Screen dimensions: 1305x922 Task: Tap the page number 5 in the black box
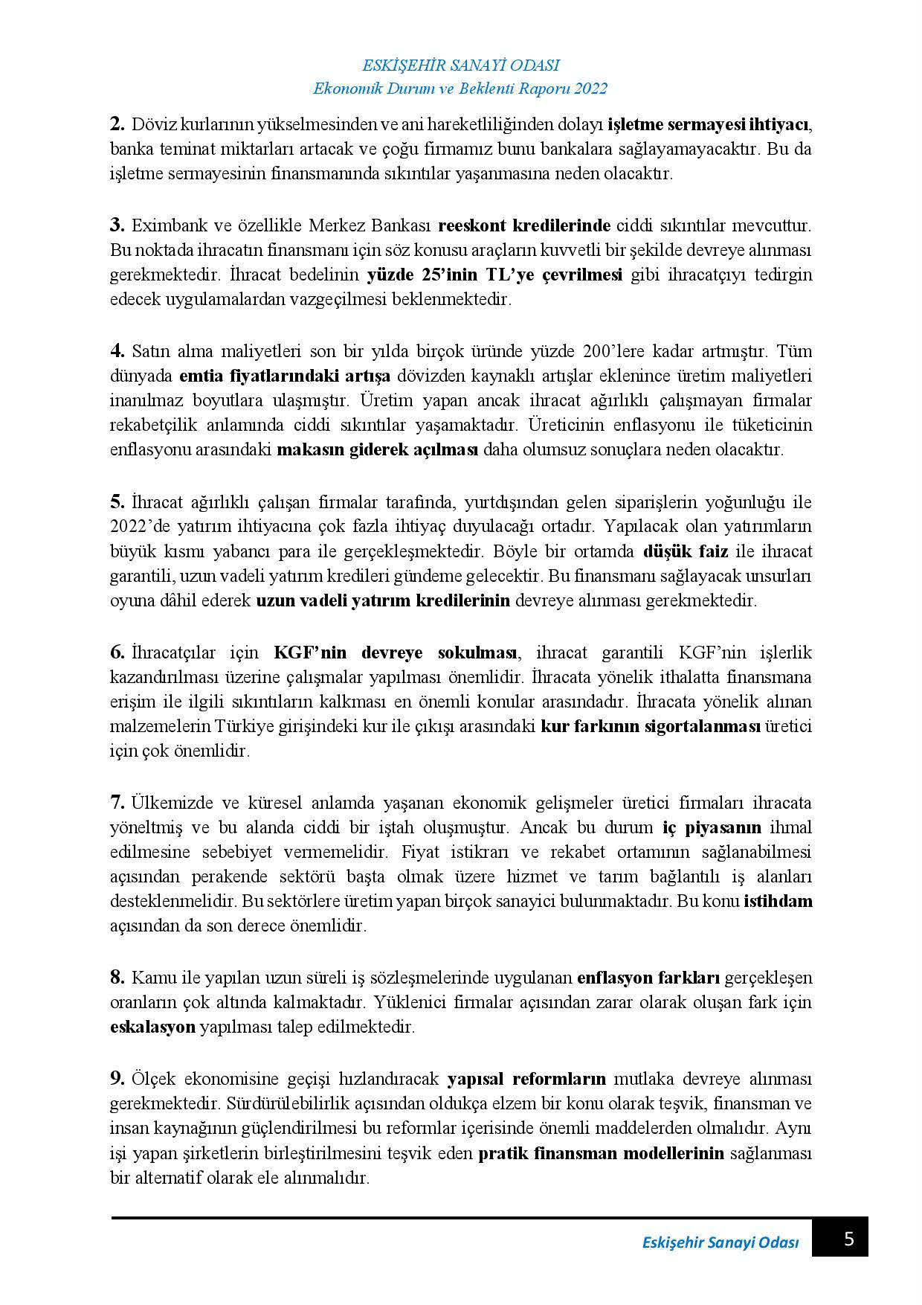[849, 1239]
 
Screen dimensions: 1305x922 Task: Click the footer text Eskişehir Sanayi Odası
[720, 1243]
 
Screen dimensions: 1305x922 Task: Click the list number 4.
[117, 350]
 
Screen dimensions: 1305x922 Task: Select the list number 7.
[117, 803]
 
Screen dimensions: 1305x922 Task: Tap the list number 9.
[117, 1078]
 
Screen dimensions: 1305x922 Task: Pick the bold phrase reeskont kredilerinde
[524, 225]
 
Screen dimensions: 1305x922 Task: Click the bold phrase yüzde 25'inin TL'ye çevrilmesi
[494, 275]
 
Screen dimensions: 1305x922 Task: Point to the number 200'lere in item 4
[590, 350]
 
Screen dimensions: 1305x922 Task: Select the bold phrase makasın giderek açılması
[378, 450]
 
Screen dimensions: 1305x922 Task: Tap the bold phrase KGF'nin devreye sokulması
[395, 652]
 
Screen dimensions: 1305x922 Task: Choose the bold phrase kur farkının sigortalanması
[651, 726]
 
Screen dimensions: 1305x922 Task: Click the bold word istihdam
[778, 902]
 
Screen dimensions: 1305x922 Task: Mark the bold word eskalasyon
[152, 1027]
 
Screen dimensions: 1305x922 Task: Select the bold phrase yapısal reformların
[526, 1078]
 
